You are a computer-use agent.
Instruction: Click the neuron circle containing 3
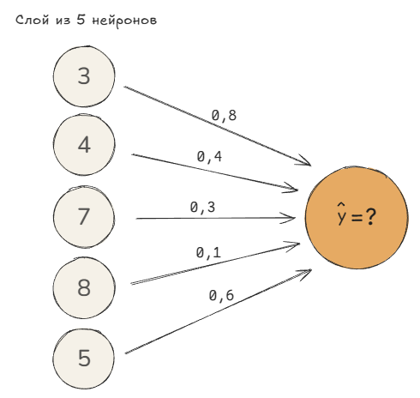(84, 76)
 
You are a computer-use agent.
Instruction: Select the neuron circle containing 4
(84, 145)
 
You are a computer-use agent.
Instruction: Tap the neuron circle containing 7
(84, 216)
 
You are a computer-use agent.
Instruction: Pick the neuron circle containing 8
(84, 287)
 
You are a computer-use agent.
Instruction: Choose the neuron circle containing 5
(84, 359)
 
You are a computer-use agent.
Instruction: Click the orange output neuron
(357, 218)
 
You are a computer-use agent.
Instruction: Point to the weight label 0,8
(224, 116)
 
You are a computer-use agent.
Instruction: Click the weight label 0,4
(209, 157)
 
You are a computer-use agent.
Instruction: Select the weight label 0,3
(202, 208)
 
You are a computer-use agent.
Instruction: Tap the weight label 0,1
(208, 253)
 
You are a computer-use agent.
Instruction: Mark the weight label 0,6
(221, 295)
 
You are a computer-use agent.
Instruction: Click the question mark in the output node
(370, 217)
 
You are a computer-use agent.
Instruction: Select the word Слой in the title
(32, 21)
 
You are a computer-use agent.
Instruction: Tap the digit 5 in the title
(81, 20)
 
